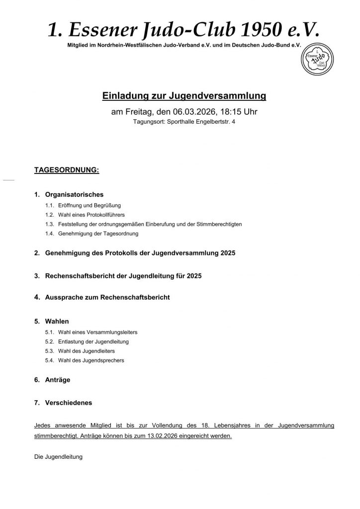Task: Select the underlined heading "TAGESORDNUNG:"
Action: point(67,170)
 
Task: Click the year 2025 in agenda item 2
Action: point(225,253)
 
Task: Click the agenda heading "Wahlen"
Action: point(57,321)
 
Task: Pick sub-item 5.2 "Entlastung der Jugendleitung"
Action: point(93,341)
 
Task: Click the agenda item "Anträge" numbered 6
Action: point(58,380)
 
